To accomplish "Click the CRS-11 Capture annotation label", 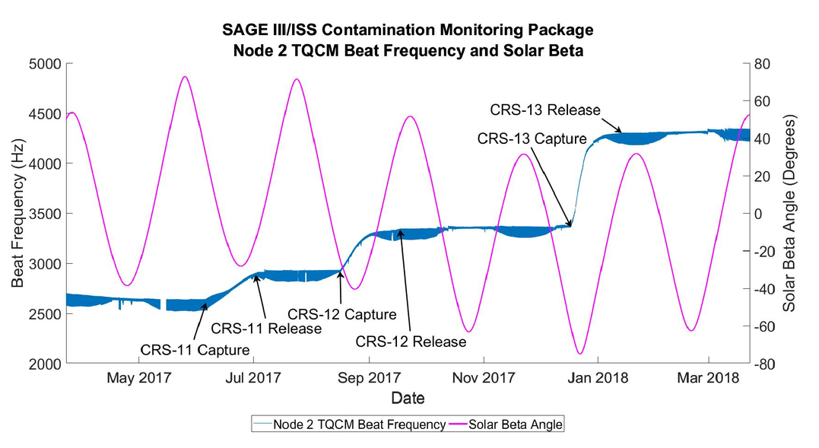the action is (x=195, y=349).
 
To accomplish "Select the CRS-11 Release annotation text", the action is (x=266, y=329).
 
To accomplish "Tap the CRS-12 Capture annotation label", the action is (x=342, y=314).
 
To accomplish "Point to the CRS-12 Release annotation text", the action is (x=411, y=342).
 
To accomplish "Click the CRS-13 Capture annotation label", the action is (x=532, y=138).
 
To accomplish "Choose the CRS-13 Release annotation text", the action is (x=545, y=110).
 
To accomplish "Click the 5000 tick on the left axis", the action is (x=45, y=64).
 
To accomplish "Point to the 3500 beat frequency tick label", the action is (x=45, y=214).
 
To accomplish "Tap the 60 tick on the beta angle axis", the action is (x=763, y=101).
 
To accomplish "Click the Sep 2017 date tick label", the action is (x=370, y=377).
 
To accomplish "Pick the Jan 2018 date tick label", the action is (x=598, y=377).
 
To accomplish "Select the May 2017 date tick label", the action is (x=139, y=377).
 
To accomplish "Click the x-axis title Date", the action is (x=408, y=398).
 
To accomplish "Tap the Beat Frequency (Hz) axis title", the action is (x=17, y=213).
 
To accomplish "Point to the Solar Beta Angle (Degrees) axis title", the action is (x=789, y=214).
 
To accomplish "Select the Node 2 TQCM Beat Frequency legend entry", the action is (x=349, y=424).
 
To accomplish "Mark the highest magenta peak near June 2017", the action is (x=184, y=77).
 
